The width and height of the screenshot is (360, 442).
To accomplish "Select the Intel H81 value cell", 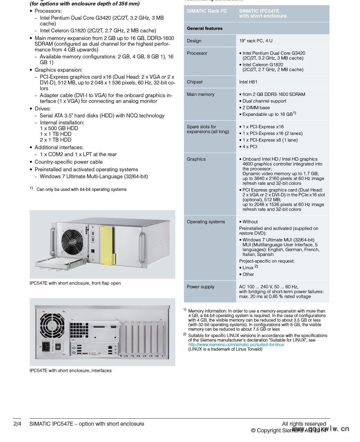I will coord(248,82).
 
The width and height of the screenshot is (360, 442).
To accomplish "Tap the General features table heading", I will coord(205,28).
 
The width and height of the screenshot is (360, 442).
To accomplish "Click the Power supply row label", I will coord(200,287).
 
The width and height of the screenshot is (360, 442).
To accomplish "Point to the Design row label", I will coord(194,41).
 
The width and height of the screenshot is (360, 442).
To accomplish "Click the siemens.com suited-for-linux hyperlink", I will coord(236,345).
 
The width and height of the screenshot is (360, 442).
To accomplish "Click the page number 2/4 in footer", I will coord(18,424).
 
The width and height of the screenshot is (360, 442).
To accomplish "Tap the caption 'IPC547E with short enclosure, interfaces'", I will coord(71,371).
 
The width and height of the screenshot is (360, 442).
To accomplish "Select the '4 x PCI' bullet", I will coord(250,147).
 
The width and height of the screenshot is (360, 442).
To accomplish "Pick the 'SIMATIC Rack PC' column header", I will coord(207,11).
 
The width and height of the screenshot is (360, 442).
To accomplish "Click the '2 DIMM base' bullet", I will coord(256,108).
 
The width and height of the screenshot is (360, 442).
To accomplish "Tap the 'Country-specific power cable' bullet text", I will coord(69,162).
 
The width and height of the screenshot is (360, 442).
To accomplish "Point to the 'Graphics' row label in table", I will coord(196,159).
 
